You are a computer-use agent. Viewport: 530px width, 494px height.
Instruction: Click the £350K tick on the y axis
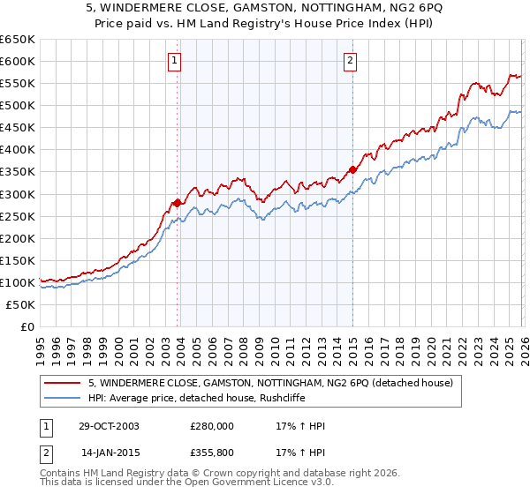pyautogui.click(x=18, y=172)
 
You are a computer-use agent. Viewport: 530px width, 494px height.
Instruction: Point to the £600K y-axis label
pyautogui.click(x=18, y=61)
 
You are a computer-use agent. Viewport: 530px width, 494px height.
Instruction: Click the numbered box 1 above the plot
pyautogui.click(x=175, y=61)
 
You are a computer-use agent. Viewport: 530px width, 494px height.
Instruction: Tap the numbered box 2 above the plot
pyautogui.click(x=351, y=61)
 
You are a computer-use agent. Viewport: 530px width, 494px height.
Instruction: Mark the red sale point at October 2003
pyautogui.click(x=178, y=203)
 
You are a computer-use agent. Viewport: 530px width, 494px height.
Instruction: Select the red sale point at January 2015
pyautogui.click(x=352, y=169)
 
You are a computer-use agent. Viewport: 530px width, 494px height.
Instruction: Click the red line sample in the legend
pyautogui.click(x=63, y=383)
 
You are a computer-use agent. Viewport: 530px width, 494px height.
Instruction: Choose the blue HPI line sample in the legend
pyautogui.click(x=63, y=398)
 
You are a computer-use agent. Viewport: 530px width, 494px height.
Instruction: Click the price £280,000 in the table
pyautogui.click(x=212, y=426)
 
